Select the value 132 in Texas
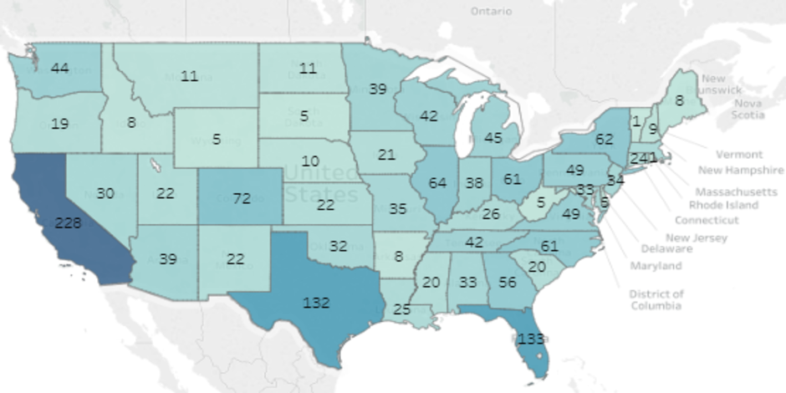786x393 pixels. point(316,302)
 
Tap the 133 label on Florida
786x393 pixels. point(530,339)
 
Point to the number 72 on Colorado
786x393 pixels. point(242,198)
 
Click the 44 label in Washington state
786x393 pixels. point(59,68)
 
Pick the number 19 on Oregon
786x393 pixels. point(59,124)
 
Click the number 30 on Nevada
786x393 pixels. point(105,192)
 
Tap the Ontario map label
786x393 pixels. point(491,12)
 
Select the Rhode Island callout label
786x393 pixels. point(723,204)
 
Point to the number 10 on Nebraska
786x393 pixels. point(310,160)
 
